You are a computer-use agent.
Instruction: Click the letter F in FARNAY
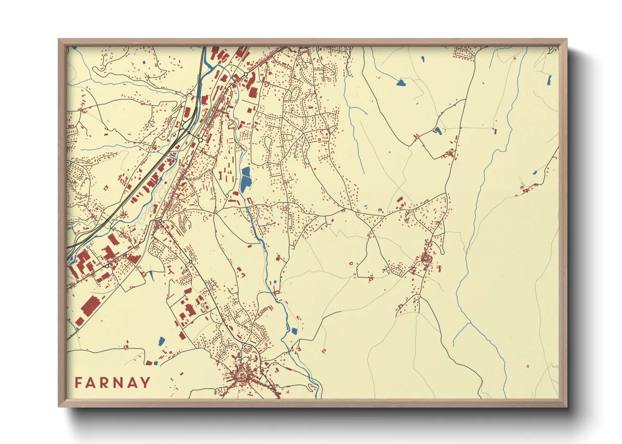(x=79, y=383)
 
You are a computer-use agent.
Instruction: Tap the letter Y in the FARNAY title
(x=145, y=383)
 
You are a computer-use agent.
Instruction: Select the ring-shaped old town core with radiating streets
(x=242, y=373)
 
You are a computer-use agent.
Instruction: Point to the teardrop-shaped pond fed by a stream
(x=401, y=83)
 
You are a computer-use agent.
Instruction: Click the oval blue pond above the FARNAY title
(x=161, y=341)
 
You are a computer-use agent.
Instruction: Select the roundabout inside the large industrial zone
(x=107, y=266)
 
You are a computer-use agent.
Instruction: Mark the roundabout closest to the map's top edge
(x=245, y=74)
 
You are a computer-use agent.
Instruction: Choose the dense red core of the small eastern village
(x=427, y=258)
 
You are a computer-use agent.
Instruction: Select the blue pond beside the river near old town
(x=294, y=331)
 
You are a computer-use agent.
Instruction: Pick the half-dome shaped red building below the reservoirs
(x=235, y=193)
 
